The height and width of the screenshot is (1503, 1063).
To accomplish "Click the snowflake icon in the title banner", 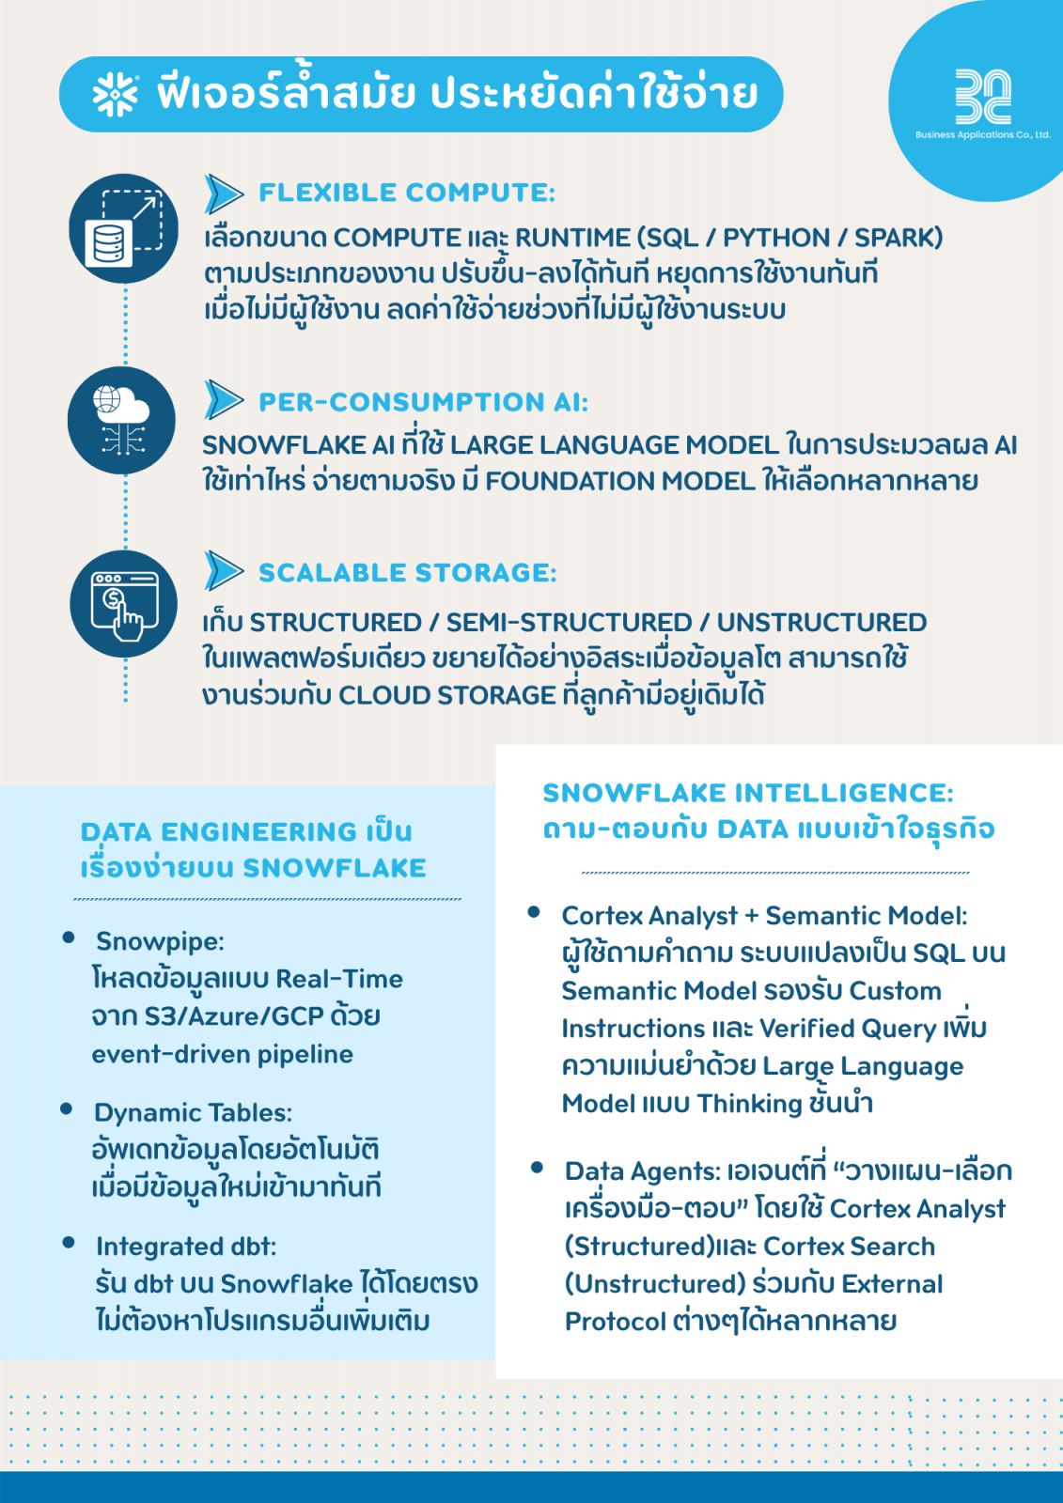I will tap(115, 94).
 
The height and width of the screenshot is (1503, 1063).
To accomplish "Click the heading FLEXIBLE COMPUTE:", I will tap(407, 193).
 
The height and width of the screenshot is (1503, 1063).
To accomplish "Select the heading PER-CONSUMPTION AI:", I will tap(423, 402).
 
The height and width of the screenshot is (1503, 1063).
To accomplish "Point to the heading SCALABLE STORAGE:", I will tap(407, 573).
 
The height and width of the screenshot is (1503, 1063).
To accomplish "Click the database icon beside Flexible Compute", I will tap(124, 228).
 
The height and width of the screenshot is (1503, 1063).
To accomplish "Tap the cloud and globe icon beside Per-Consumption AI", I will tap(122, 420).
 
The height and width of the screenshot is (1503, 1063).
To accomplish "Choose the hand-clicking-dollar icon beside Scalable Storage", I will tap(124, 604).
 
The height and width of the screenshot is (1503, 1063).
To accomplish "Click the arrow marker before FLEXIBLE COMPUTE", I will tap(224, 194).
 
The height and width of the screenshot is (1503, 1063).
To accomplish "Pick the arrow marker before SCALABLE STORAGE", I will tap(224, 571).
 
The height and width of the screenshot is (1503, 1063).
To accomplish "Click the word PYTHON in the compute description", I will tap(775, 238).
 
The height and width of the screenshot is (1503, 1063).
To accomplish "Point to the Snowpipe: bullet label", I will tap(160, 941).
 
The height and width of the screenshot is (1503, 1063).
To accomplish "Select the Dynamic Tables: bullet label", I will tap(193, 1113).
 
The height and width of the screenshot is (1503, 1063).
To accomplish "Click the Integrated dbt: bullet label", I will tap(186, 1247).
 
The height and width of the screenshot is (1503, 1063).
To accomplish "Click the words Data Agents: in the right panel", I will tap(642, 1171).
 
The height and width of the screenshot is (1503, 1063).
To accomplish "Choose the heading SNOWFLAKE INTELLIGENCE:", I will tap(748, 793).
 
